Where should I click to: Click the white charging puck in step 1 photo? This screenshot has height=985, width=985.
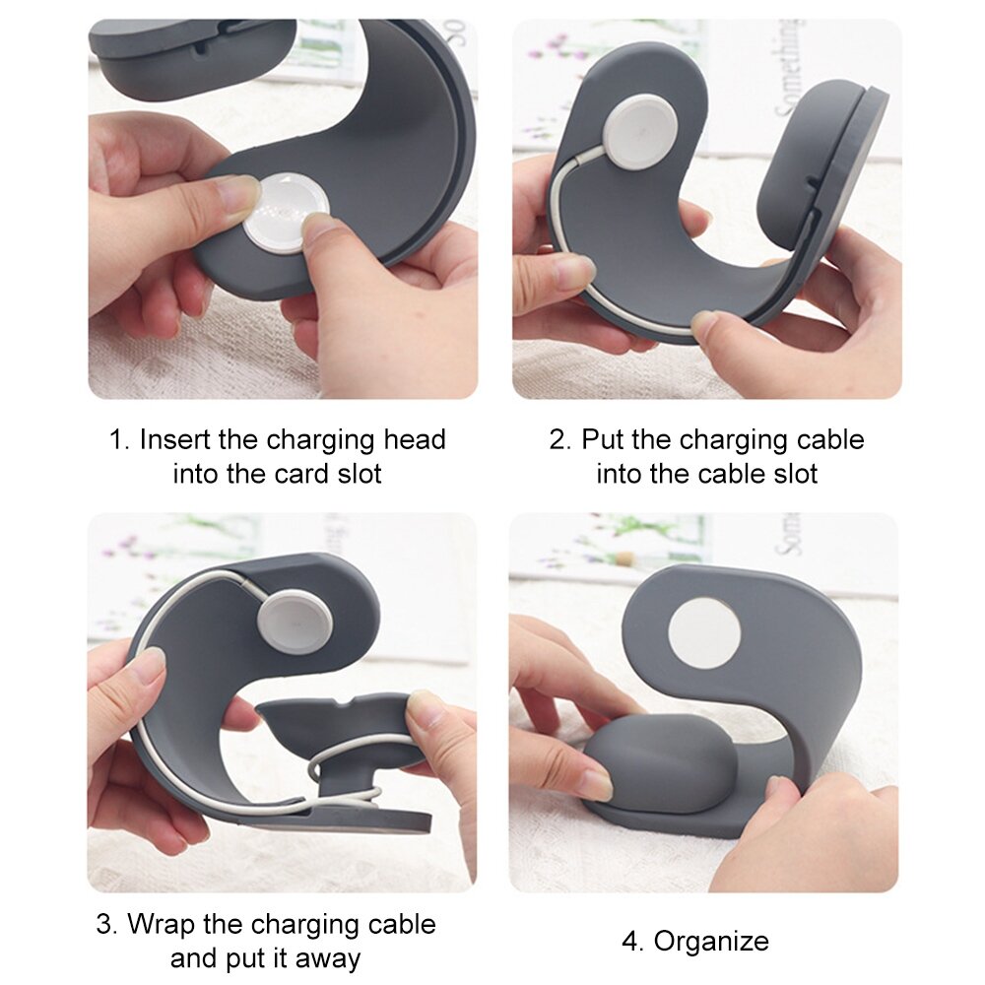point(286,215)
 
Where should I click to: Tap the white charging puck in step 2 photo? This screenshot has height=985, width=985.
point(640,131)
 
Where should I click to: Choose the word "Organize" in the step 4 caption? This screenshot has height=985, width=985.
point(711,942)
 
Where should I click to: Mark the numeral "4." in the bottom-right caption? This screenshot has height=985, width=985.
point(631,942)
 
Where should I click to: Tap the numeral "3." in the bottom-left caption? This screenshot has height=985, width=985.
point(108,925)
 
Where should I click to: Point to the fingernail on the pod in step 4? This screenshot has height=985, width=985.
point(595,784)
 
